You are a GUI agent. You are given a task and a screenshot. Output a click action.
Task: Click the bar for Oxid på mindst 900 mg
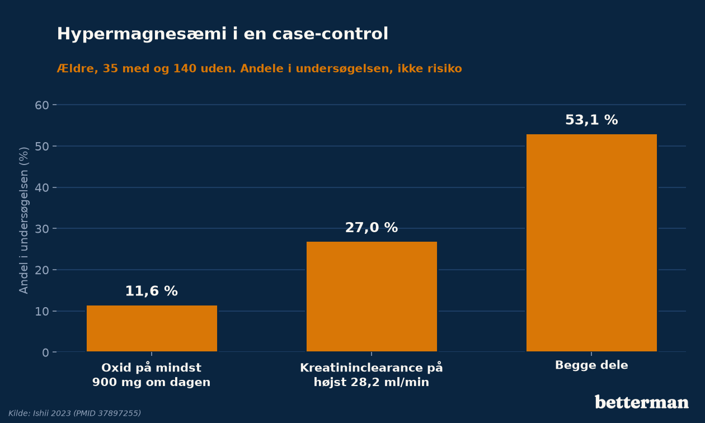coord(152,328)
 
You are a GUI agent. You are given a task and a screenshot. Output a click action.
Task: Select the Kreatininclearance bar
coord(372,297)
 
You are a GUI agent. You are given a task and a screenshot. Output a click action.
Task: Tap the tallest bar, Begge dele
coord(592,243)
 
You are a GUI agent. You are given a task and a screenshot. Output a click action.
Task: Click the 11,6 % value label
coord(152,291)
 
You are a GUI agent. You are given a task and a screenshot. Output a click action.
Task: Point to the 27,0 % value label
coord(372,227)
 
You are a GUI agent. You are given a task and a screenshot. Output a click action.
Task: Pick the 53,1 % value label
coord(591,120)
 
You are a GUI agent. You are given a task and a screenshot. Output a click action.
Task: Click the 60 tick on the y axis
coord(42,105)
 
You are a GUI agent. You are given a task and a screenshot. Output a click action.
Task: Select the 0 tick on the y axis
coord(46,352)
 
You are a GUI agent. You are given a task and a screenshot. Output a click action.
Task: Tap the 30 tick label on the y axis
coord(42,229)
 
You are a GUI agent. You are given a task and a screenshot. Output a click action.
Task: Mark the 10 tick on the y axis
coord(42,312)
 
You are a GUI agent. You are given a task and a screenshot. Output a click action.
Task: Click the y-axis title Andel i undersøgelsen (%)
coord(23,220)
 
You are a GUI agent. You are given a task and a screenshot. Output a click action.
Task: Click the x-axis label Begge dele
coord(591,365)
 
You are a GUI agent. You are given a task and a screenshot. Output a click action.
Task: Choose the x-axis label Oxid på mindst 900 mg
coord(152,375)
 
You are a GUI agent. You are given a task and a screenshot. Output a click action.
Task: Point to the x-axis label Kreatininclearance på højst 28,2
coord(372,375)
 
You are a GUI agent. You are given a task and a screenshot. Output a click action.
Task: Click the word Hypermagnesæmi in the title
coord(142,34)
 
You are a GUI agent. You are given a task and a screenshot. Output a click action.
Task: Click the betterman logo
coord(642,402)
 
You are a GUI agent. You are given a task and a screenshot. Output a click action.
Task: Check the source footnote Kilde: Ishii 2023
coord(74,413)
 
